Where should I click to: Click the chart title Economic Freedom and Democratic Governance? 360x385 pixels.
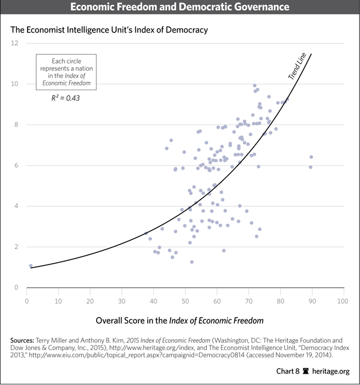(180, 8)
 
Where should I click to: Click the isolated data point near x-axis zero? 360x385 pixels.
(31, 265)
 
